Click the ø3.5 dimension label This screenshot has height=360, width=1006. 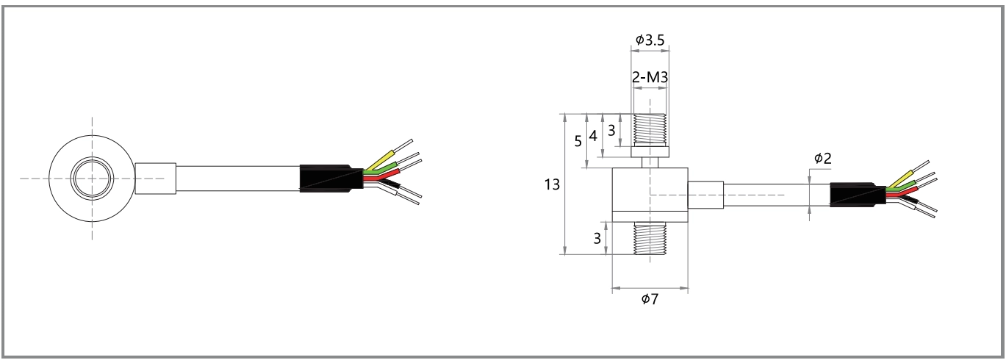click(650, 41)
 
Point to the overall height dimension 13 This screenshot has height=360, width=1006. click(551, 184)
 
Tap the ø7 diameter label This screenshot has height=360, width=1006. click(650, 300)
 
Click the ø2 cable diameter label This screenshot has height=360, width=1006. click(822, 159)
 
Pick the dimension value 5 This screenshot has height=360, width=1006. click(577, 140)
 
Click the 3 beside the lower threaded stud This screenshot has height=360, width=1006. click(597, 238)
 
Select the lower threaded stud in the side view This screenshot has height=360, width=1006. click(650, 238)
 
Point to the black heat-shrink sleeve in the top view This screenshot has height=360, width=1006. click(331, 178)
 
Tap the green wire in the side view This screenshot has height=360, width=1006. click(903, 184)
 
